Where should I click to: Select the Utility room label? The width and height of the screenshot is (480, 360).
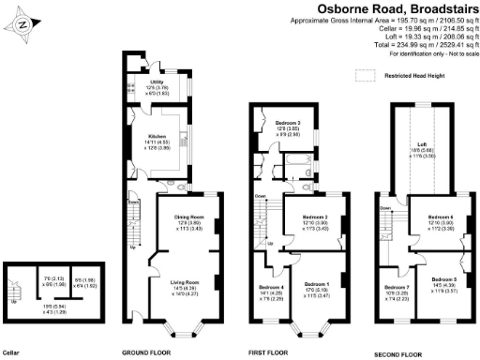pyautogui.click(x=156, y=82)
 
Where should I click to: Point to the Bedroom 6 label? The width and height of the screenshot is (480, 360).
pyautogui.click(x=441, y=217)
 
